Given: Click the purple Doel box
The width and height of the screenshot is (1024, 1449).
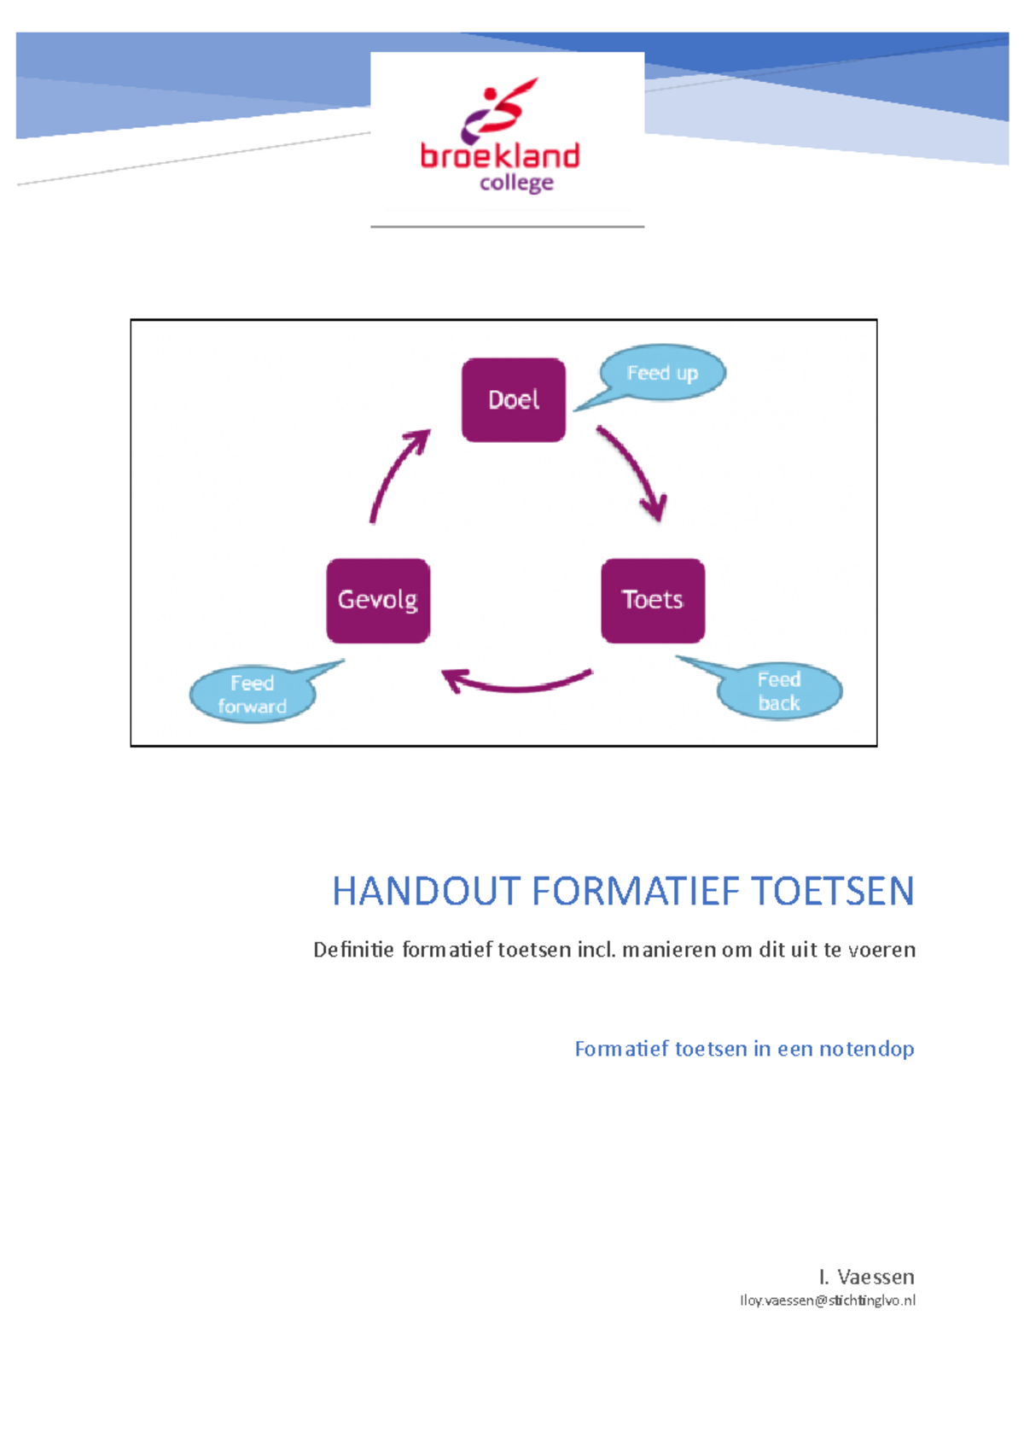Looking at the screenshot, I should pyautogui.click(x=513, y=399).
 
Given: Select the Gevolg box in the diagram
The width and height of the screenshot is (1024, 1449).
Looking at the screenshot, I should pyautogui.click(x=378, y=600).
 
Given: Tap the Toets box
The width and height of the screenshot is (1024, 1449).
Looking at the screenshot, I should pyautogui.click(x=653, y=600).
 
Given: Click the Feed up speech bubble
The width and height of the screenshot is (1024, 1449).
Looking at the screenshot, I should pyautogui.click(x=663, y=373).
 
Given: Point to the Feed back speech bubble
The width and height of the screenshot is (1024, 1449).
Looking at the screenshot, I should pyautogui.click(x=779, y=691).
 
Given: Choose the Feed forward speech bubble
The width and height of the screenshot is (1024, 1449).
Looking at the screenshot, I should pyautogui.click(x=252, y=695).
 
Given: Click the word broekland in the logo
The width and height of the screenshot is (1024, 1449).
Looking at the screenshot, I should pyautogui.click(x=500, y=156).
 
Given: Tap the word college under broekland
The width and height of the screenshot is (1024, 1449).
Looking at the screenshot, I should pyautogui.click(x=516, y=183).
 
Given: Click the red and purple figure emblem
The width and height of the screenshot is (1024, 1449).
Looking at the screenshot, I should pyautogui.click(x=498, y=108).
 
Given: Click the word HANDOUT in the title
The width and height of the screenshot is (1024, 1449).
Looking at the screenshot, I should pyautogui.click(x=426, y=891).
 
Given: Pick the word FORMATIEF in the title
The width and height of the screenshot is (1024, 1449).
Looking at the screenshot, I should pyautogui.click(x=637, y=891).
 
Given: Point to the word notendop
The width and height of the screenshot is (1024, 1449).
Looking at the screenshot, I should pyautogui.click(x=866, y=1049).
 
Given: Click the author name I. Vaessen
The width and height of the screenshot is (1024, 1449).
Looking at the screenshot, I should pyautogui.click(x=866, y=1277).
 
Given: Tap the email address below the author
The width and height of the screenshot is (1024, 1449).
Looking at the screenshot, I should pyautogui.click(x=827, y=1301).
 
